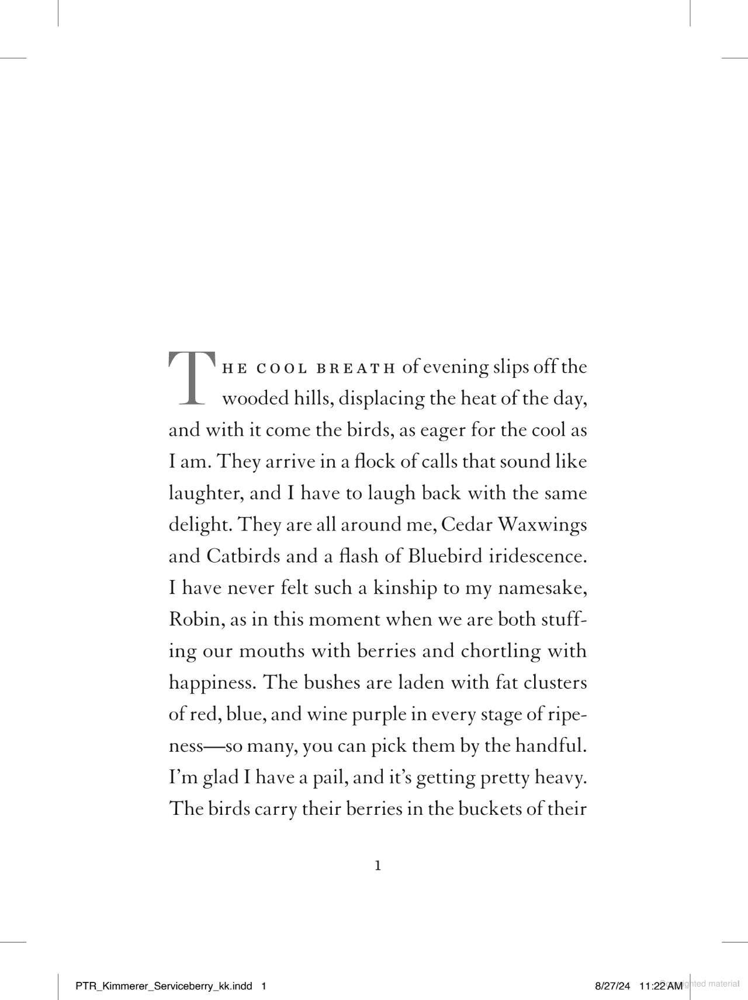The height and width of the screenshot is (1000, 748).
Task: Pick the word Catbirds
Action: (243, 556)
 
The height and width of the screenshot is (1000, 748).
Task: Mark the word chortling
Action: (500, 651)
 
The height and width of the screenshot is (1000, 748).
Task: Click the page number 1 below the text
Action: (378, 866)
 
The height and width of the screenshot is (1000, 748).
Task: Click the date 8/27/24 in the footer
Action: (612, 987)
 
